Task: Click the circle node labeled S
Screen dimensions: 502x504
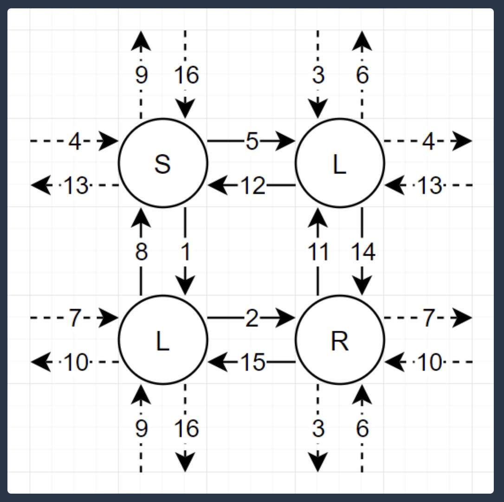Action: tap(163, 163)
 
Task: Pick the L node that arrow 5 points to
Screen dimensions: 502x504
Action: tap(340, 163)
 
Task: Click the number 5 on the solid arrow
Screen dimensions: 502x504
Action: tap(252, 142)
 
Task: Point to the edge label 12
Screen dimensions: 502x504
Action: tap(253, 186)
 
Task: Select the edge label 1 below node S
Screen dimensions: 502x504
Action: tap(186, 252)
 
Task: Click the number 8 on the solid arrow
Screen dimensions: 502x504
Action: tap(141, 252)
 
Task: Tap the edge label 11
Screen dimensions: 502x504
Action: tap(318, 252)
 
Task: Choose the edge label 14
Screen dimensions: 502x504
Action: tap(363, 252)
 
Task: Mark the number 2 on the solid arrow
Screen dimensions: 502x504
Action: tap(252, 319)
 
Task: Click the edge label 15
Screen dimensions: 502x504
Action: tap(253, 363)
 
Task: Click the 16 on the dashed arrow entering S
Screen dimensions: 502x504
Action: tap(187, 75)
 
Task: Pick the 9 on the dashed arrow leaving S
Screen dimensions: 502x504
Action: tap(141, 75)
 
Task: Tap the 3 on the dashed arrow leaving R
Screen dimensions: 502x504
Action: tap(318, 429)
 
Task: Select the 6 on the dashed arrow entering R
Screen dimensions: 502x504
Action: tap(362, 429)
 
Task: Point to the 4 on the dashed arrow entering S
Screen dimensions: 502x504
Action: tap(75, 142)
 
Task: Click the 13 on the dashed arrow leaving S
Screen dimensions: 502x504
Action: tap(76, 186)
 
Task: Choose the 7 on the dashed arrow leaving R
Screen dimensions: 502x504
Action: tap(428, 319)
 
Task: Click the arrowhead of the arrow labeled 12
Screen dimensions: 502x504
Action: tap(216, 186)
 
